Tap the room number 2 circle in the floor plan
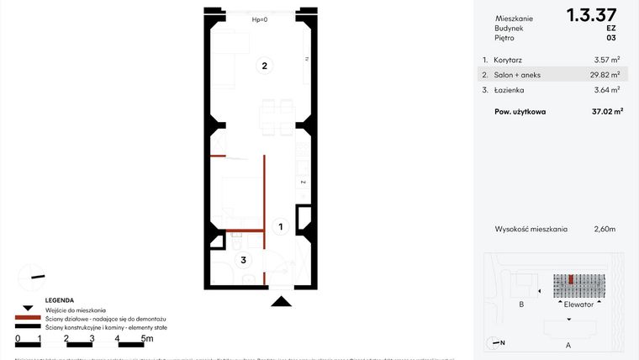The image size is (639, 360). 264,66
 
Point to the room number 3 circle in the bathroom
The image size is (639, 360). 244,260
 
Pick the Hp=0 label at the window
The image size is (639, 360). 260,19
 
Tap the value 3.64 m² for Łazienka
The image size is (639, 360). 605,89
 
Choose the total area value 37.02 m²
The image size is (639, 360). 605,111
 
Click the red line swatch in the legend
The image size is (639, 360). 27,319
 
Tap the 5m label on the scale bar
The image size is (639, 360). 147,338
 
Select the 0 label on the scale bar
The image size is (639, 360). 18,338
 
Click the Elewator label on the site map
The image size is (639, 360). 578,304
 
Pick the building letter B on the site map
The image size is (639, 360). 521,304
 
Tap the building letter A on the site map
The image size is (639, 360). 568,345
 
